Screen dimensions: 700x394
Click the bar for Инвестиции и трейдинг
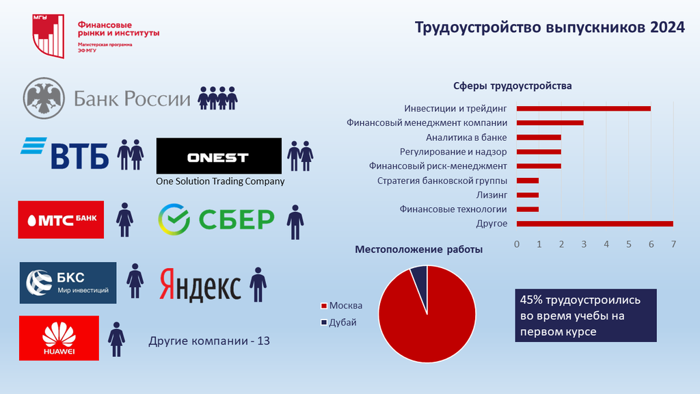pos(584,109)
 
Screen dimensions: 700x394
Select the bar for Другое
pos(595,224)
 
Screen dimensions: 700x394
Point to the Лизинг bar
pos(528,195)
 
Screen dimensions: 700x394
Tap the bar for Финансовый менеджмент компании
pos(550,123)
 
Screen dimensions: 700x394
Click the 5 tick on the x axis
pos(629,244)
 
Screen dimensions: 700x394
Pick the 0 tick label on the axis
pos(517,244)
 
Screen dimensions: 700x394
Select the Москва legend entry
pos(342,306)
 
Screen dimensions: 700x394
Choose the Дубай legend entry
pos(339,323)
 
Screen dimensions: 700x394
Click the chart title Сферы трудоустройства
pos(513,86)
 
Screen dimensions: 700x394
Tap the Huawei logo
pos(59,338)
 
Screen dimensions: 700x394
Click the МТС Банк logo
pos(61,220)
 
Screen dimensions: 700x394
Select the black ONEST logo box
pos(219,156)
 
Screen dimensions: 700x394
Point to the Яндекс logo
pos(200,284)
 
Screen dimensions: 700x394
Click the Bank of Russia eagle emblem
pos(44,98)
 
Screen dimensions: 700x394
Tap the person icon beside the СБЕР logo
pos(295,222)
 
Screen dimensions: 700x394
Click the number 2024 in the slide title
pos(667,27)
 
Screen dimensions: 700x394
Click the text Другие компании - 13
pos(209,341)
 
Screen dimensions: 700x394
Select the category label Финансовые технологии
pos(453,209)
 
